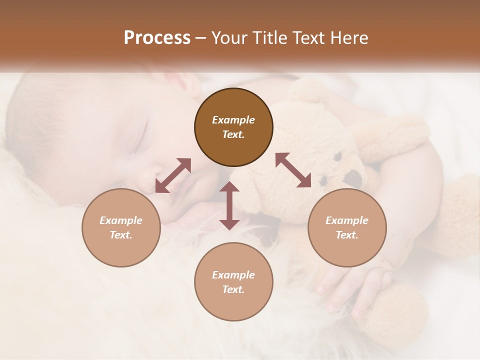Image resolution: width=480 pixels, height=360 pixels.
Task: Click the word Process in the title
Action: [x=157, y=38]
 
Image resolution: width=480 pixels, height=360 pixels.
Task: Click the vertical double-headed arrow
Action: [x=229, y=205]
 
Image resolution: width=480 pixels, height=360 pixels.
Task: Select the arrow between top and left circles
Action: [x=173, y=175]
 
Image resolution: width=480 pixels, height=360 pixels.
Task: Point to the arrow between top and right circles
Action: [x=293, y=170]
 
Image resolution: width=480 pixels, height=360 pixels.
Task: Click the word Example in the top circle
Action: [x=233, y=120]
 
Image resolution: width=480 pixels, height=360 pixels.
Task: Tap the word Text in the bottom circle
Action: [x=233, y=289]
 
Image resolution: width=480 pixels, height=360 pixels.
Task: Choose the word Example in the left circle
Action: [x=121, y=220]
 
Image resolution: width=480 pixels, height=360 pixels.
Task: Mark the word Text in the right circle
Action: [x=347, y=235]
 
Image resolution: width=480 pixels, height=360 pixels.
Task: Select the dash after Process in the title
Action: [x=200, y=38]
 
